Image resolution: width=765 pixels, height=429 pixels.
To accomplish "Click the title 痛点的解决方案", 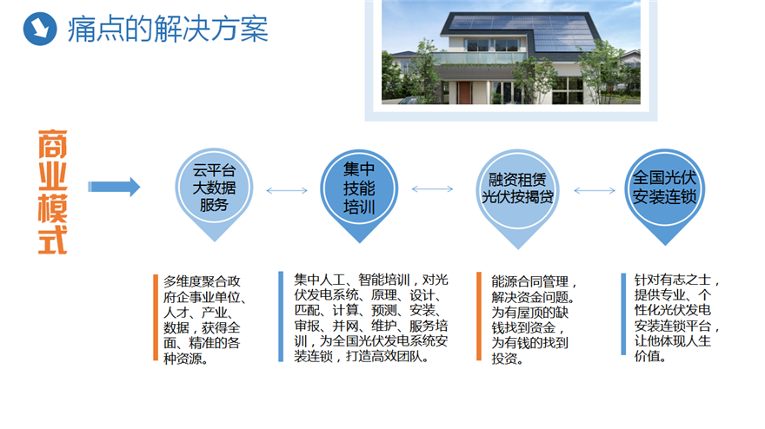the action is (x=168, y=29).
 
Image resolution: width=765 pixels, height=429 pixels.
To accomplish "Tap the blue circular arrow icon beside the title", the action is (x=40, y=29).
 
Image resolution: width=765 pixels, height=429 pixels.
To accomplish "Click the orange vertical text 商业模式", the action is (x=53, y=192).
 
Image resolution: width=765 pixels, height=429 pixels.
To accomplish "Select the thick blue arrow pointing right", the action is (x=114, y=187).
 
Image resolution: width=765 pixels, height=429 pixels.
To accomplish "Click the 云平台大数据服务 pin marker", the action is (x=214, y=194).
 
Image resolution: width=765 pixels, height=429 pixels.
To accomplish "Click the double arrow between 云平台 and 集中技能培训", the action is (x=287, y=190).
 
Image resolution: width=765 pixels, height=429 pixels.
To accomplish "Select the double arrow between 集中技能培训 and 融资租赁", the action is (x=432, y=189).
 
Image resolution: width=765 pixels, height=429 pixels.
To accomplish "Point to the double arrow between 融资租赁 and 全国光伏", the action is (x=595, y=190).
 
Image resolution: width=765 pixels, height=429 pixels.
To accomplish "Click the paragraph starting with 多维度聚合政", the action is (x=204, y=320).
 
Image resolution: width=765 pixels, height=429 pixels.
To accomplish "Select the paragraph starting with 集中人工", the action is (x=371, y=318).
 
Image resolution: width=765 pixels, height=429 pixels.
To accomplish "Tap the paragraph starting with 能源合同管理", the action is (x=535, y=320).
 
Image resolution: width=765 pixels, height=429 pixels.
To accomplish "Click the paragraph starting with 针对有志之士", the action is (x=677, y=318).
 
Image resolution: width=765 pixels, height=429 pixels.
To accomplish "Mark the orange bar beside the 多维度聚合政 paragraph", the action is (x=156, y=317).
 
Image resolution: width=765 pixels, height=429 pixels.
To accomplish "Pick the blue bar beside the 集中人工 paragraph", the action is (x=281, y=316).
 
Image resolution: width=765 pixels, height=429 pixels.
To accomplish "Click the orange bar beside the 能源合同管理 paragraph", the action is (x=479, y=316).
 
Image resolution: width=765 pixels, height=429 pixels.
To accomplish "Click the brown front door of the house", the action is (x=464, y=92).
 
